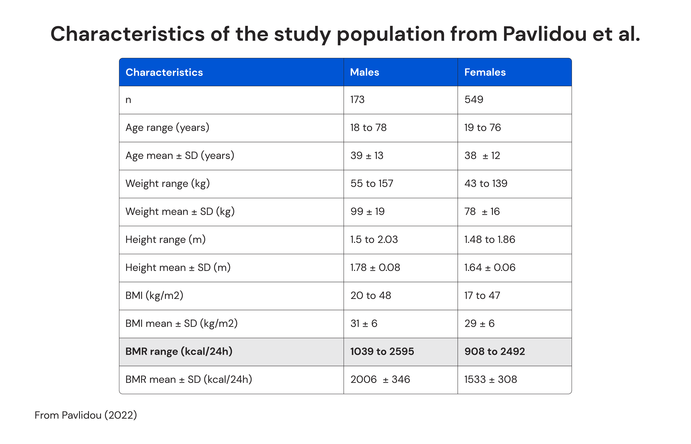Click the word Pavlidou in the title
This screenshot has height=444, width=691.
point(544,34)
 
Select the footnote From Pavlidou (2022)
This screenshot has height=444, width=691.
point(86,415)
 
